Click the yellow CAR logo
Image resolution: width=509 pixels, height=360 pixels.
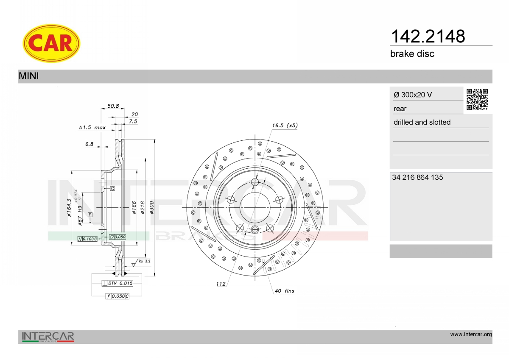click(51, 43)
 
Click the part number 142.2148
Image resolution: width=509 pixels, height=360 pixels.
click(428, 36)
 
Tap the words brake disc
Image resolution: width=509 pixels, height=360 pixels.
click(412, 54)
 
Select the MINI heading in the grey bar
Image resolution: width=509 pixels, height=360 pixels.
click(29, 76)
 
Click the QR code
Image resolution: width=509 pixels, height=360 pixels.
click(477, 100)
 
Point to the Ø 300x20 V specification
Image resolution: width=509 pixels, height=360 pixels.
click(413, 95)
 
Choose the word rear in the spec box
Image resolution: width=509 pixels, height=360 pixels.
click(400, 109)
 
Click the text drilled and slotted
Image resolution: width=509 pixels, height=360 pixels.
click(422, 122)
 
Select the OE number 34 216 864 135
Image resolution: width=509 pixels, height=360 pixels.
click(417, 177)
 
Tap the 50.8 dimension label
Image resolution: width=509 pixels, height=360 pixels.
click(113, 106)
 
